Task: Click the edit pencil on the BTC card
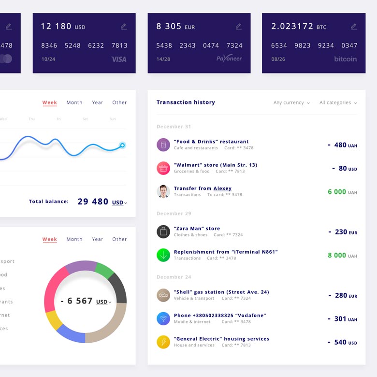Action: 354,27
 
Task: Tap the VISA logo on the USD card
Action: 119,59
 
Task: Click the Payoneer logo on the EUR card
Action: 229,58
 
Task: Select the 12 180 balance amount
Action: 56,26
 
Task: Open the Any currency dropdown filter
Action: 291,102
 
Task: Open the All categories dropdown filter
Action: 338,102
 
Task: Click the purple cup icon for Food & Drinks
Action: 163,145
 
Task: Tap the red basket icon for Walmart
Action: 163,168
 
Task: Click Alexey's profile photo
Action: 163,191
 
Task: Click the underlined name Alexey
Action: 222,188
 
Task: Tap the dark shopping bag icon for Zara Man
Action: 163,232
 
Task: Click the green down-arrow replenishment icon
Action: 163,255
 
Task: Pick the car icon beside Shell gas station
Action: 163,295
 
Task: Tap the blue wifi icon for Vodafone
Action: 163,319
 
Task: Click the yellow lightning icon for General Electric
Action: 163,342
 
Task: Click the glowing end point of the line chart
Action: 122,145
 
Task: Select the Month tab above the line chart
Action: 74,102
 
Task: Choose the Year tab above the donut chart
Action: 98,239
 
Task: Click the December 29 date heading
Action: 174,214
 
